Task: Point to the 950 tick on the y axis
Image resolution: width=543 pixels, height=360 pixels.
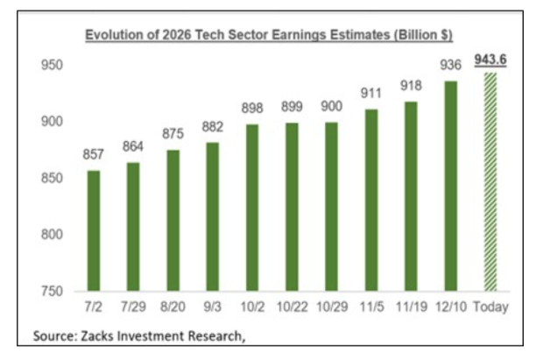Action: click(x=51, y=65)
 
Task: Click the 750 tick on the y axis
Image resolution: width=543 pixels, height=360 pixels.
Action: click(x=51, y=291)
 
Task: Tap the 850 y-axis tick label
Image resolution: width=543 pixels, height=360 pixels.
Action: click(x=51, y=178)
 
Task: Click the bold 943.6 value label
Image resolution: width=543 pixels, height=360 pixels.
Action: click(x=490, y=59)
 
